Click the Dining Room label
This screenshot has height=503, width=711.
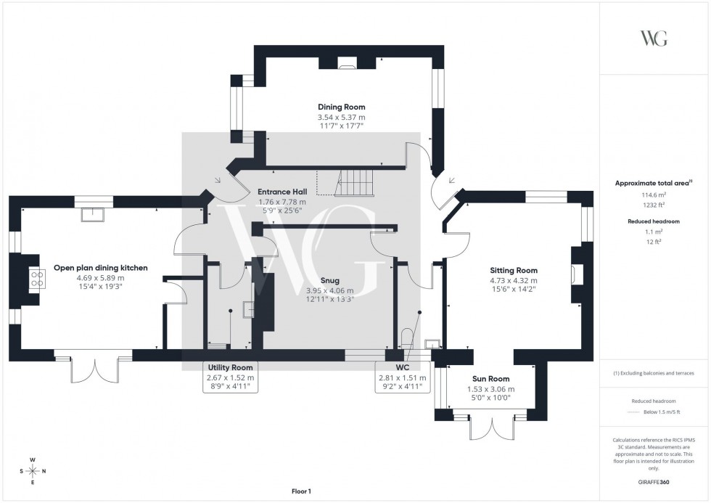pos(341,107)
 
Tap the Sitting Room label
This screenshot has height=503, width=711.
pos(513,270)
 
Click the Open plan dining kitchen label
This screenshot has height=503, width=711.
pos(100,268)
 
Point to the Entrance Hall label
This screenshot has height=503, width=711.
pos(281,192)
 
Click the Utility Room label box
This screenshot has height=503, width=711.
pos(230,377)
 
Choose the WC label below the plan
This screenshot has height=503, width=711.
pos(401,368)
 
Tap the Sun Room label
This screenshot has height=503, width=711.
pos(488,379)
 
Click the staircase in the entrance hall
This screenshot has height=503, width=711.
pos(355,181)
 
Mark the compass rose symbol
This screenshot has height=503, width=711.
pos(33,471)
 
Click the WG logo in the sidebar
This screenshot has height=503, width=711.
pos(654,38)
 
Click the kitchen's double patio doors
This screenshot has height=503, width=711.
pos(93,369)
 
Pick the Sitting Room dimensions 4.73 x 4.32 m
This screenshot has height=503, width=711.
pos(513,280)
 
